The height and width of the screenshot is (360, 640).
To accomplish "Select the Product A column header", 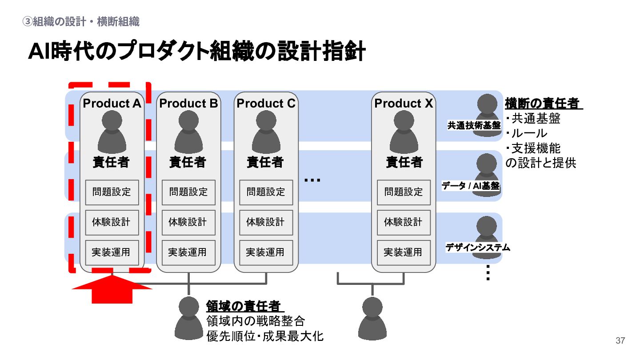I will (112, 104).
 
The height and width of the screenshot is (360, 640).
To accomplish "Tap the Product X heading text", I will (404, 104).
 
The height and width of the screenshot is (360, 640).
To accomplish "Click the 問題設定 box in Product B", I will (188, 192).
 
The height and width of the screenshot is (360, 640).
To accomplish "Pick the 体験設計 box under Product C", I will (266, 222).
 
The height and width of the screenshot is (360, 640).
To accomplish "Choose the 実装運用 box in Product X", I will (404, 252).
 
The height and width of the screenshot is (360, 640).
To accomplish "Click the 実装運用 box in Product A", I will (112, 252).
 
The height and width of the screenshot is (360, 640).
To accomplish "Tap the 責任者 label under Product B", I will (188, 162).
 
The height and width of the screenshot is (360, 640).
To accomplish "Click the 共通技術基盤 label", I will (474, 126).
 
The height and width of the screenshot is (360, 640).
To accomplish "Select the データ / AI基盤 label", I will (471, 186).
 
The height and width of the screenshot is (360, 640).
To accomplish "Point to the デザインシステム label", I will (478, 248).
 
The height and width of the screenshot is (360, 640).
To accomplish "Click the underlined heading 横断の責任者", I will (543, 104).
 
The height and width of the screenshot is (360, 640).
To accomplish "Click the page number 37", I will (620, 341).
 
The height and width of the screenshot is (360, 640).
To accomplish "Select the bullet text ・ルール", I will (527, 133).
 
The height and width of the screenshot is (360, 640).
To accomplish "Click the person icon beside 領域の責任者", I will (189, 318).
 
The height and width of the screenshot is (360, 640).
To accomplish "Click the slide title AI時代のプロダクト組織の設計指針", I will (196, 52).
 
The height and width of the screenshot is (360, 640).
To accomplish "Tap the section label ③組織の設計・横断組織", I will (81, 21).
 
